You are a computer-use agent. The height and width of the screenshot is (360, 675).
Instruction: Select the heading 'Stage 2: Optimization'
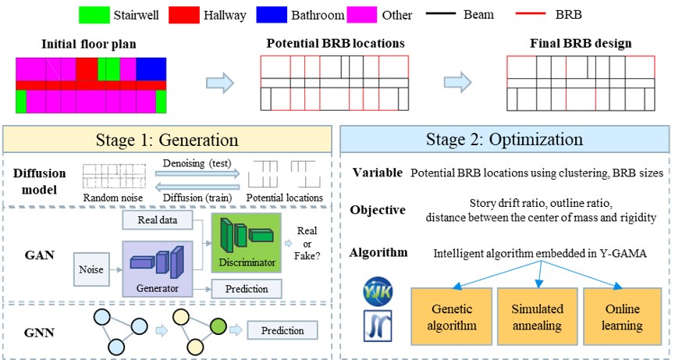point(504,141)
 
